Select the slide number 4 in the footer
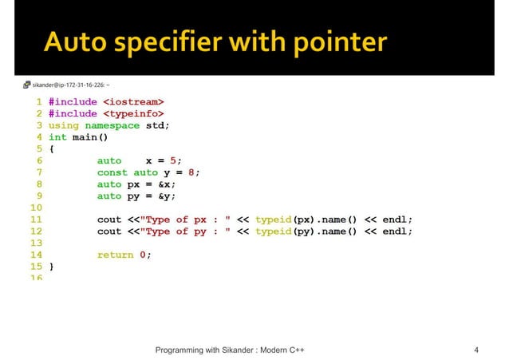point(476,350)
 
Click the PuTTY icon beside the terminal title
point(26,83)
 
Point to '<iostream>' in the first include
point(133,102)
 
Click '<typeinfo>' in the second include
point(133,114)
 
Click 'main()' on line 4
point(90,137)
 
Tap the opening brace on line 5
point(51,148)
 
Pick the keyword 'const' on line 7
point(112,172)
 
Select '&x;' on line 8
point(166,184)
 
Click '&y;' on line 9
point(166,196)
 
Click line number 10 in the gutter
point(35,208)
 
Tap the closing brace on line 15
point(51,266)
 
